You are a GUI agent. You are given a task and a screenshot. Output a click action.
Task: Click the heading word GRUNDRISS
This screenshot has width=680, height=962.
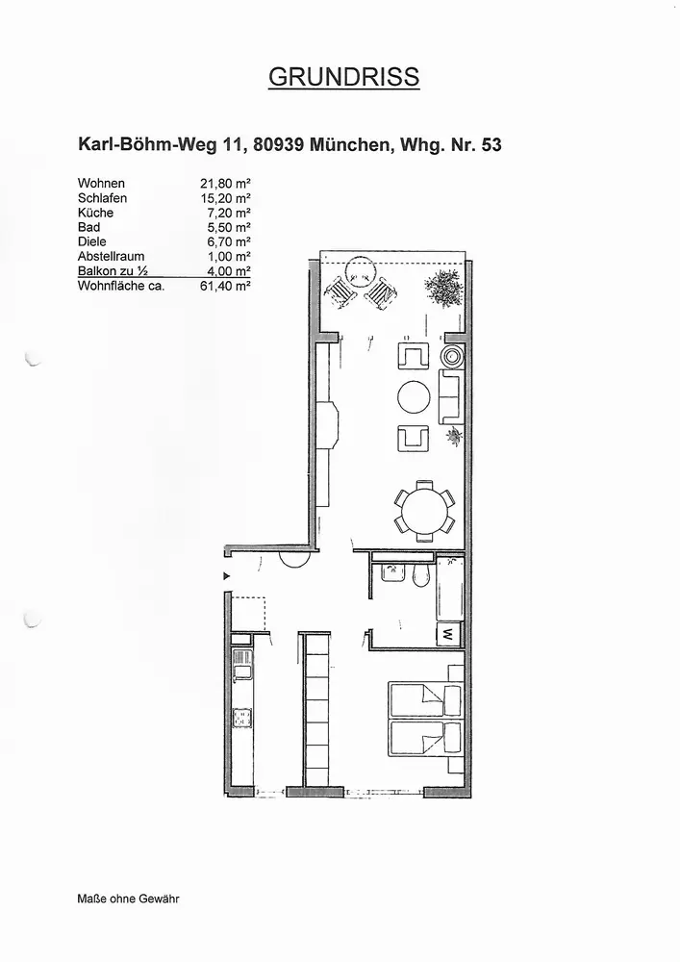point(343,78)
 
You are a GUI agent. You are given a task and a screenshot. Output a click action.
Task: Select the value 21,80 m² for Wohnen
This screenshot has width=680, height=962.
point(224,183)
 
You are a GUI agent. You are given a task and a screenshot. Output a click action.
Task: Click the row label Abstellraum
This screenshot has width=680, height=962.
point(110,257)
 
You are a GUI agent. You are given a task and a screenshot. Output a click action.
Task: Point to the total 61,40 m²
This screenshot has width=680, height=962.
point(224,286)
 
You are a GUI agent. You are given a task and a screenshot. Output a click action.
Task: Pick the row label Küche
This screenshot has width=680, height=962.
point(95,213)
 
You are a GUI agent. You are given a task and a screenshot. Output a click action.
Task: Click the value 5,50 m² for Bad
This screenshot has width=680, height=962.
point(228,227)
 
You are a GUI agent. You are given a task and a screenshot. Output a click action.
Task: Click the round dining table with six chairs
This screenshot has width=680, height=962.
point(422,511)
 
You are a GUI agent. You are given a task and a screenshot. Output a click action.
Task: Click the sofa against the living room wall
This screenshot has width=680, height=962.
point(449,396)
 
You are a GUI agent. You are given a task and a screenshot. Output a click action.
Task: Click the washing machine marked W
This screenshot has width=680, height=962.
point(447,635)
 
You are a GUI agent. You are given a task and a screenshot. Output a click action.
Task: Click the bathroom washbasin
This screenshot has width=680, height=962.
point(392,575)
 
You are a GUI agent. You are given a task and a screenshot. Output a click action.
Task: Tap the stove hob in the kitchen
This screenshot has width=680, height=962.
point(242,718)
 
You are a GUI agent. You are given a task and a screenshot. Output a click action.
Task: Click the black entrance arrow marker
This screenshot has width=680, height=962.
point(227,576)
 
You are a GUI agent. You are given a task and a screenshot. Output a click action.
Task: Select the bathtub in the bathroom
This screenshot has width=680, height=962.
point(448,590)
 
